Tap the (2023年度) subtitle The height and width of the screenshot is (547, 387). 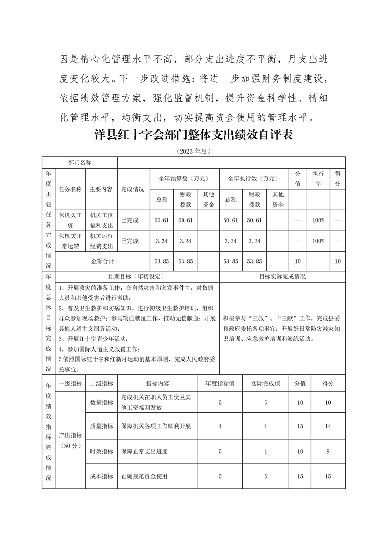click(193, 151)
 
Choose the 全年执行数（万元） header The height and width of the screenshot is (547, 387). click(252, 178)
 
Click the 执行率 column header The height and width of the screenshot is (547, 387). click(318, 178)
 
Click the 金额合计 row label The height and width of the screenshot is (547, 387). click(102, 261)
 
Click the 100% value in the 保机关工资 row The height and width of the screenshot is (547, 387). click(318, 220)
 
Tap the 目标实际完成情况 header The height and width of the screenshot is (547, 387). click(283, 276)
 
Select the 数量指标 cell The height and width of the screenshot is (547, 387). click(102, 402)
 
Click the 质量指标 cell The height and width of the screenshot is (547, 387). click(102, 426)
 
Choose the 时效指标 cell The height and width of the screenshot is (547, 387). click(102, 451)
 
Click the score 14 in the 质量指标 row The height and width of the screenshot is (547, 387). click(328, 426)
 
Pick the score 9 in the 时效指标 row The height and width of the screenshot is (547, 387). click(328, 451)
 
